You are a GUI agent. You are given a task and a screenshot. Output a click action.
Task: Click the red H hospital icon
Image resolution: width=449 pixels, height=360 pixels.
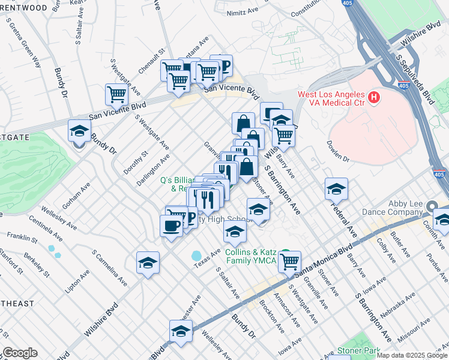click(374, 96)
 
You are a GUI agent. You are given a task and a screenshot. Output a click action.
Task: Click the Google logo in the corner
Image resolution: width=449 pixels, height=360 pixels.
click(20, 353)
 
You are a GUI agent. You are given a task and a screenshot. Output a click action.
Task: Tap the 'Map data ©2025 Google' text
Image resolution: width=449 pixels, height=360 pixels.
click(411, 355)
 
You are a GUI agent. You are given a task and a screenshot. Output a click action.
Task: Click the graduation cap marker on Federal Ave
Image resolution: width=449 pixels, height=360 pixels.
click(336, 188)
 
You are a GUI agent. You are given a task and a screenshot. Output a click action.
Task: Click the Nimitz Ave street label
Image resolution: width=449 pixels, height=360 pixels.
click(242, 12)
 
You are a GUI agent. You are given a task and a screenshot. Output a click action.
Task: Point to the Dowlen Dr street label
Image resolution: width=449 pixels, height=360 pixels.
click(338, 152)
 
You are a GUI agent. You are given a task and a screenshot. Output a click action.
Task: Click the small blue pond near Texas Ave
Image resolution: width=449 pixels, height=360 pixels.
click(197, 256)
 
